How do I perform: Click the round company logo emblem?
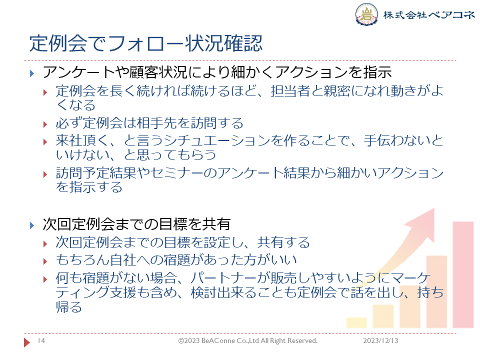[x=366, y=14]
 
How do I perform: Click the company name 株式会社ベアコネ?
[x=429, y=14]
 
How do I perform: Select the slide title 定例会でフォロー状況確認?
[x=146, y=43]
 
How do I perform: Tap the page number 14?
[x=41, y=340]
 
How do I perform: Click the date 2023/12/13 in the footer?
[x=380, y=340]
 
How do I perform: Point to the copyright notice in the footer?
[x=247, y=340]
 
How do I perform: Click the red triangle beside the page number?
[x=27, y=342]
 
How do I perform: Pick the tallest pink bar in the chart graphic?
[x=463, y=274]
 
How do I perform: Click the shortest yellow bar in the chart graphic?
[x=356, y=322]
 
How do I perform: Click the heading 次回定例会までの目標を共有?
[x=136, y=224]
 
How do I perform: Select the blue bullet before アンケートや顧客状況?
[x=32, y=73]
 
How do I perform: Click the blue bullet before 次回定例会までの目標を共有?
[x=32, y=225]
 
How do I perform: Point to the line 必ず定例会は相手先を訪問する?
[x=149, y=123]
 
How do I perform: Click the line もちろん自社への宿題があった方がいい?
[x=176, y=260]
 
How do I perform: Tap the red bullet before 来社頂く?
[x=45, y=141]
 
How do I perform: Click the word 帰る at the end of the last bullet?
[x=69, y=306]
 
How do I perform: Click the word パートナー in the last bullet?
[x=223, y=278]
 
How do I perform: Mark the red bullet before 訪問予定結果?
[x=45, y=174]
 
